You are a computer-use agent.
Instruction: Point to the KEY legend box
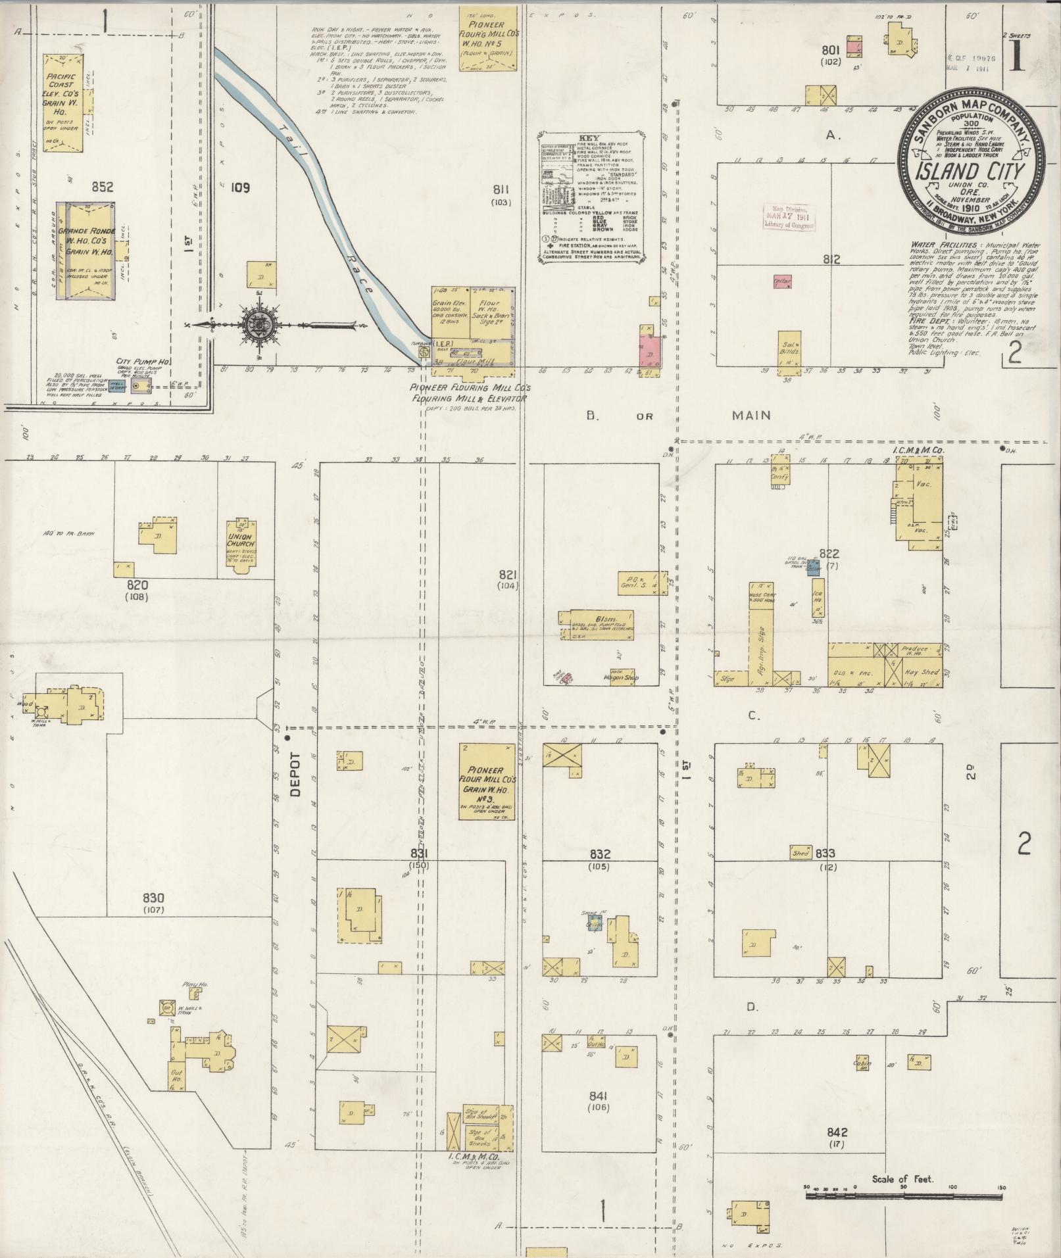(x=591, y=197)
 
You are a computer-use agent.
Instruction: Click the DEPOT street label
(x=295, y=775)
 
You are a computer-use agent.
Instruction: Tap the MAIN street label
(x=751, y=415)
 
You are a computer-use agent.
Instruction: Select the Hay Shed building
(x=921, y=673)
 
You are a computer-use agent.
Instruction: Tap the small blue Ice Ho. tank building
(x=814, y=568)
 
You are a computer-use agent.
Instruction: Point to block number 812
(x=831, y=260)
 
